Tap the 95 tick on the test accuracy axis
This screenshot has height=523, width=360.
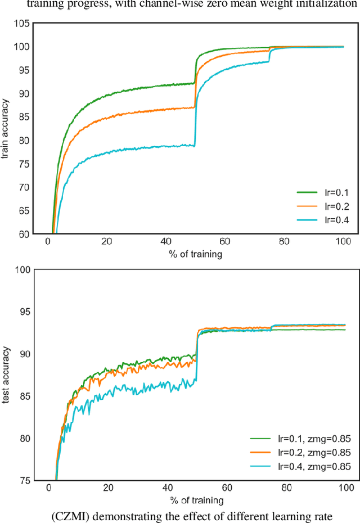[x=23, y=312]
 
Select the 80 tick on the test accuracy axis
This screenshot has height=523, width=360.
[x=23, y=439]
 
